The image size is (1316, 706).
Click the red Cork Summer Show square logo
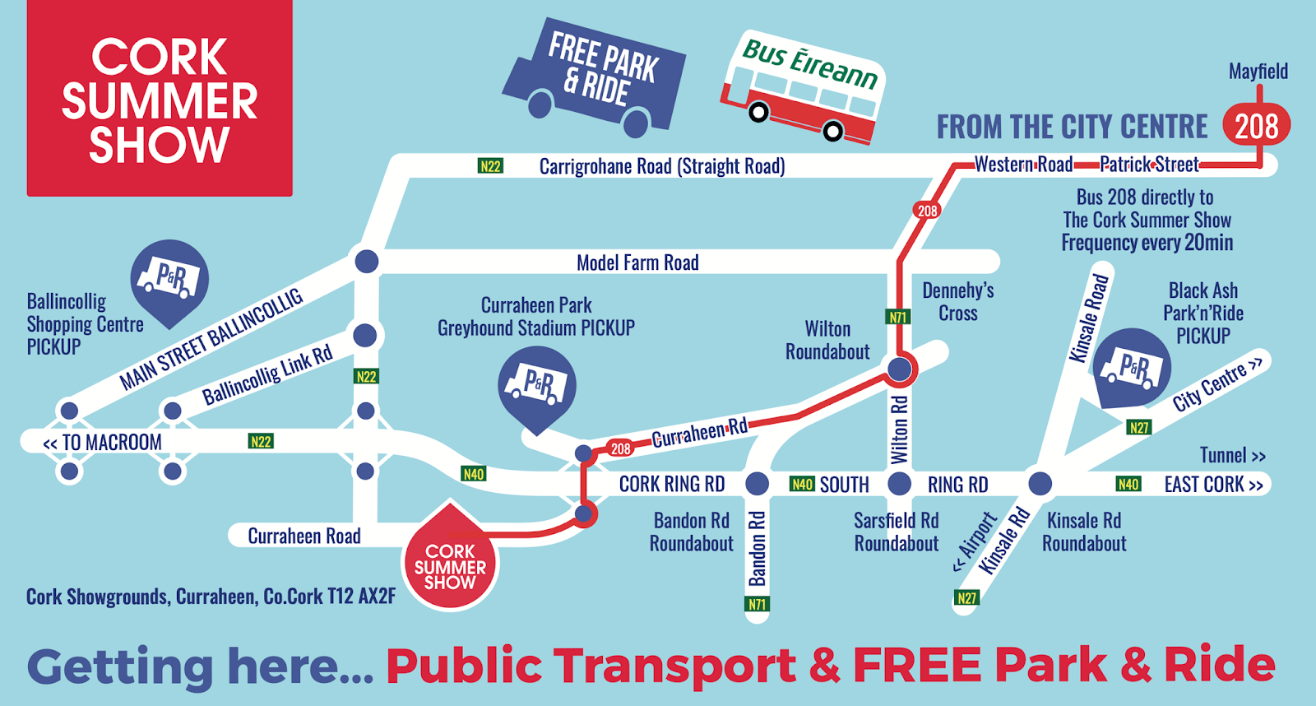click(x=160, y=99)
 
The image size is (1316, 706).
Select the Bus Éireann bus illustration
click(x=802, y=89)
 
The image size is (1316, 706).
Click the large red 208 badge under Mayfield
click(x=1256, y=126)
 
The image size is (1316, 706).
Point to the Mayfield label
click(x=1258, y=72)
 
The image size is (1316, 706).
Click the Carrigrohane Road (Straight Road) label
click(x=661, y=166)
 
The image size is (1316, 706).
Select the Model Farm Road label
click(x=637, y=263)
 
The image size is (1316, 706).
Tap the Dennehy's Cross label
click(x=958, y=302)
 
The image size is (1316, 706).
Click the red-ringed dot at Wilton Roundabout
click(x=900, y=369)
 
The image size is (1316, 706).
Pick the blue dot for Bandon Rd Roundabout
click(x=757, y=484)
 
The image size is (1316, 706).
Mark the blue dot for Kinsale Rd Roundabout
click(x=1040, y=483)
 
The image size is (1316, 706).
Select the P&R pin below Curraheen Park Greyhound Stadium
click(x=537, y=386)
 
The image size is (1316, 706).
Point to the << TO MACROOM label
click(x=103, y=443)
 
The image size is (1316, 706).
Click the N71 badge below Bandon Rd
click(x=757, y=605)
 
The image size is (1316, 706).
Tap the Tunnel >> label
click(x=1232, y=455)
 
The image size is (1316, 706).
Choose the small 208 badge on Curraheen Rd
click(x=620, y=448)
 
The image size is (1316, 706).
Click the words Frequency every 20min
click(x=1147, y=243)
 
